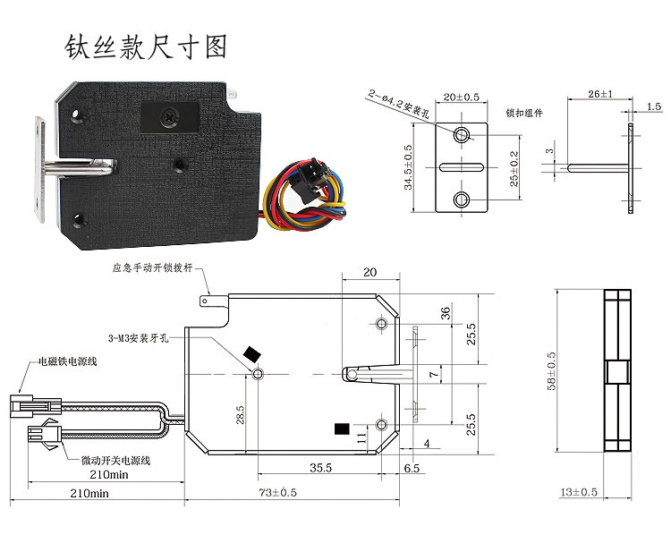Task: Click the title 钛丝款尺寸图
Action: [146, 47]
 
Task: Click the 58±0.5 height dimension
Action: [552, 370]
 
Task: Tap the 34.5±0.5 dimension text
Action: [408, 168]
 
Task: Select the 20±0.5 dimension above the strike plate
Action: [462, 96]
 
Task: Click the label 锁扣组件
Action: [524, 114]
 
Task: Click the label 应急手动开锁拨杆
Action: [153, 267]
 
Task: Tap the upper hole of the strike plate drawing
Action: [462, 135]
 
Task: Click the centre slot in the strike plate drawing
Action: [462, 166]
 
